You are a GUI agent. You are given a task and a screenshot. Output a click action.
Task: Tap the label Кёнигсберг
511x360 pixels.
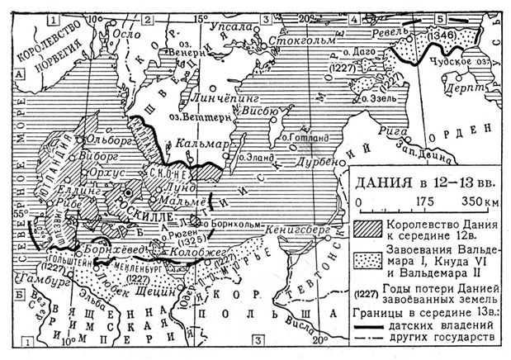(x=299, y=229)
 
